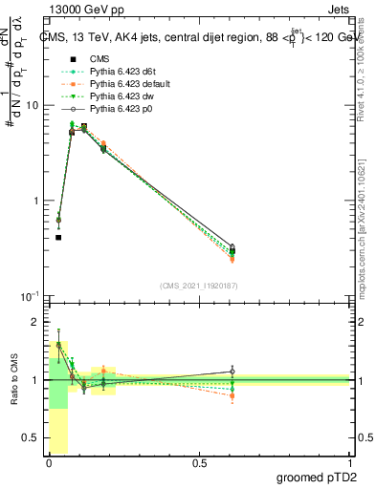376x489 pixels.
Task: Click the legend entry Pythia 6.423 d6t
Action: (x=120, y=71)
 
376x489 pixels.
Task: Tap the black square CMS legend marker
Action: (x=67, y=58)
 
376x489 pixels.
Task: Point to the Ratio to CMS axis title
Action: (x=14, y=380)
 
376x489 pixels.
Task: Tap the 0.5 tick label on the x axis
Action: (x=199, y=463)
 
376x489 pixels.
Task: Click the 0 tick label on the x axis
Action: (x=49, y=463)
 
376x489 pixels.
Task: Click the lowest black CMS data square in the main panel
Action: (x=58, y=237)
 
